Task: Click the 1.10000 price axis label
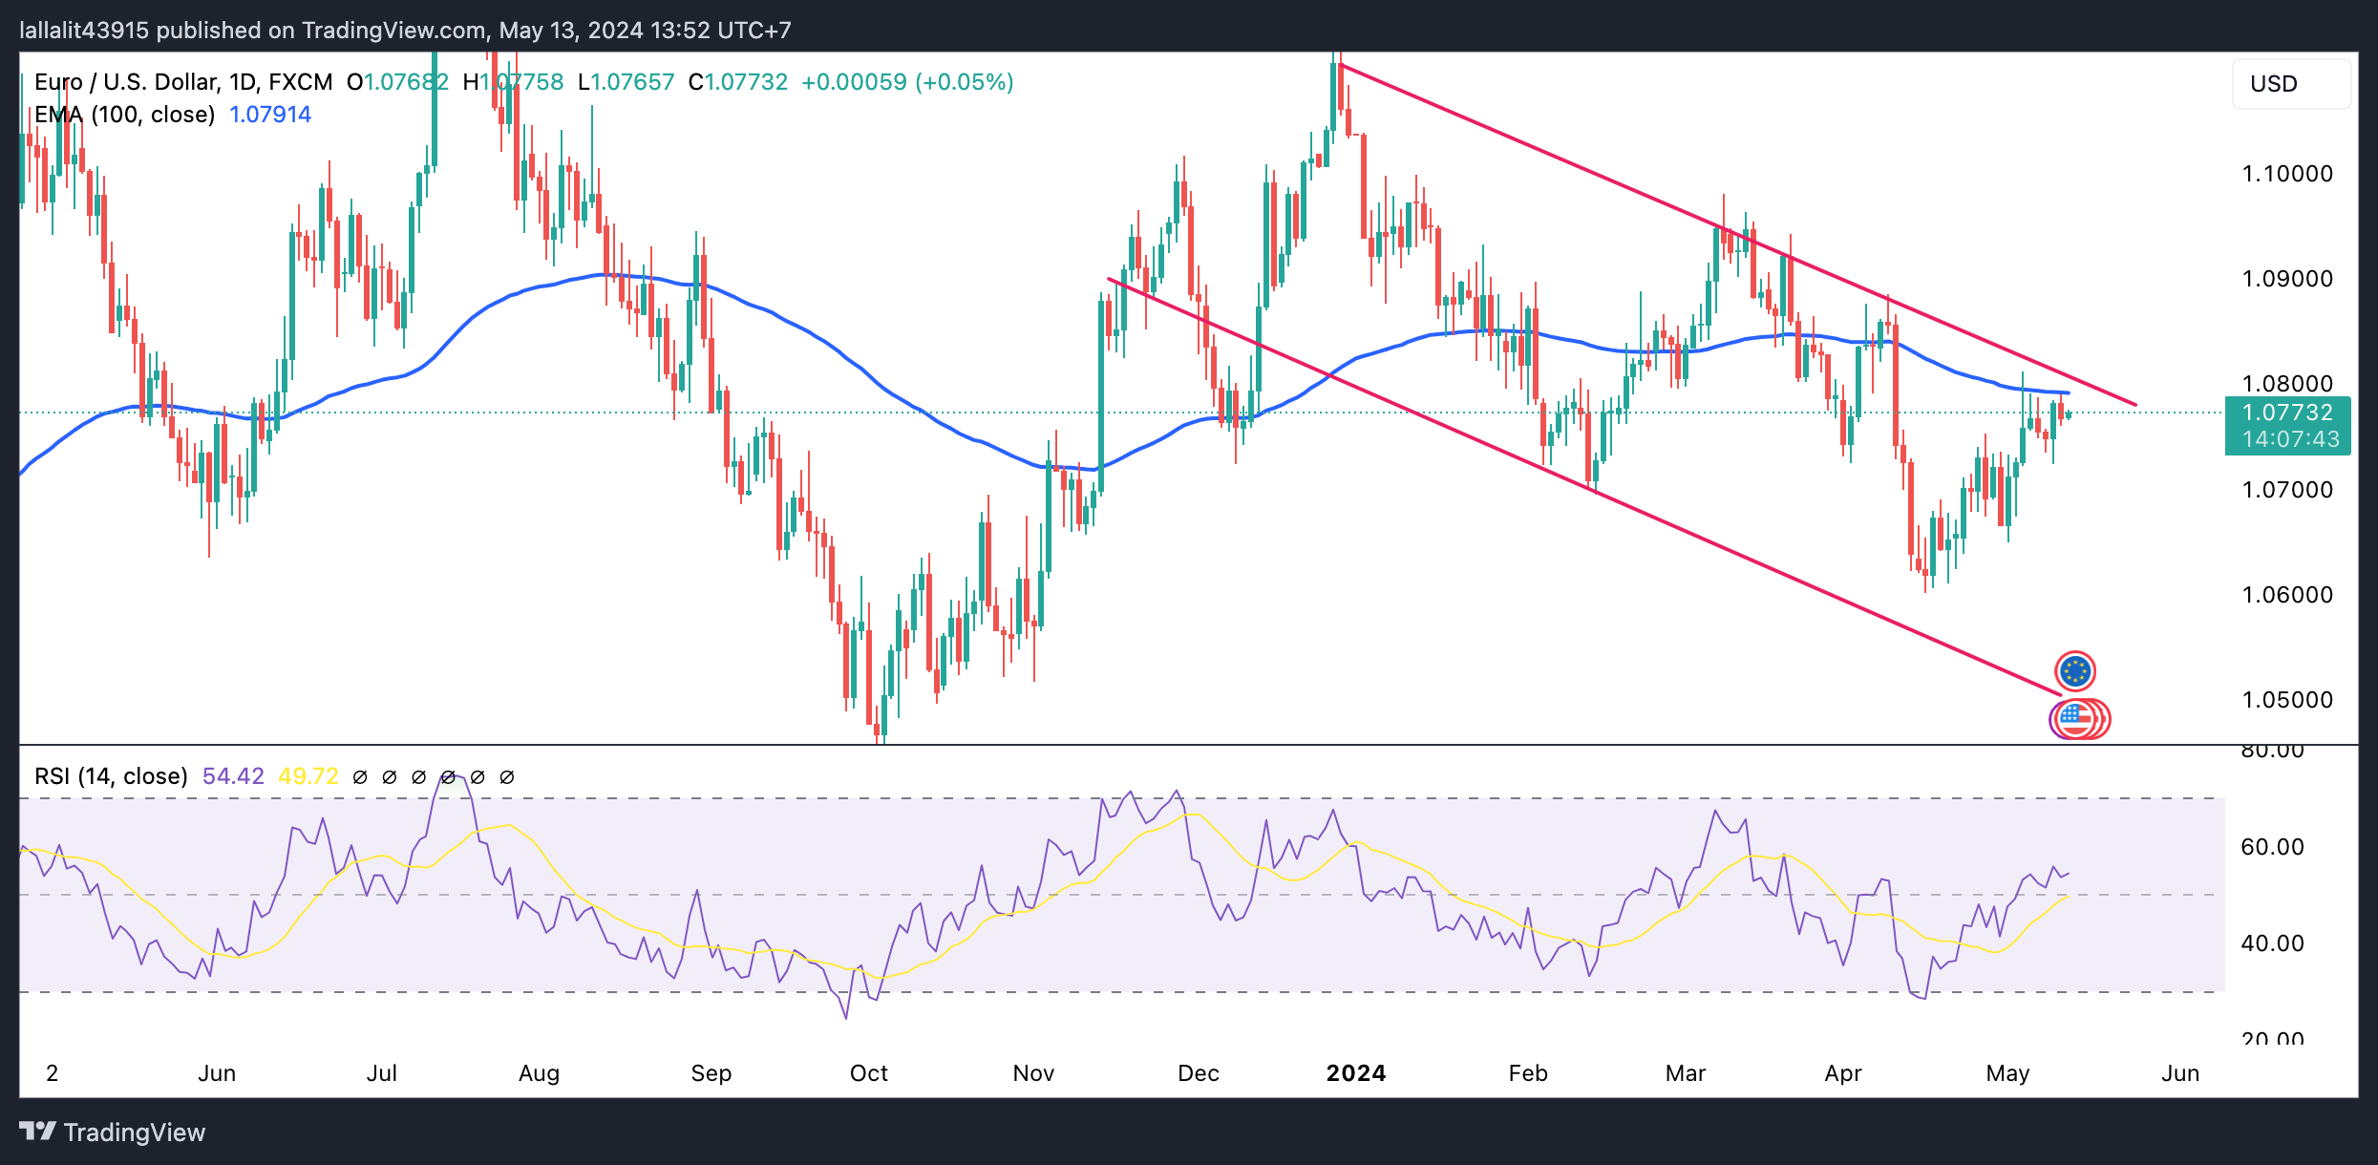[x=2286, y=174]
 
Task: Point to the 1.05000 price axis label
[x=2286, y=700]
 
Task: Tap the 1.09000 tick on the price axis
[x=2286, y=279]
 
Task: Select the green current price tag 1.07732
[x=2287, y=413]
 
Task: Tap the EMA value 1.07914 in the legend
[x=270, y=115]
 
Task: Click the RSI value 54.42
[x=233, y=776]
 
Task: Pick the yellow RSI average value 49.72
[x=308, y=776]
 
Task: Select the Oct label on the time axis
[x=868, y=1073]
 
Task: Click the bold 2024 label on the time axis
[x=1355, y=1073]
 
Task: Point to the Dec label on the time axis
[x=1198, y=1073]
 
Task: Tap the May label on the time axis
[x=2007, y=1073]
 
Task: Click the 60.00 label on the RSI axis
[x=2272, y=847]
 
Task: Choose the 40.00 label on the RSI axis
[x=2272, y=943]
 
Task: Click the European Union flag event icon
[x=2075, y=671]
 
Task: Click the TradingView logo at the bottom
[x=113, y=1133]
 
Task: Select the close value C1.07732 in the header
[x=738, y=82]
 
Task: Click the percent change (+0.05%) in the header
[x=964, y=82]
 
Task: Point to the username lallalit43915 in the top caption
[x=84, y=31]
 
